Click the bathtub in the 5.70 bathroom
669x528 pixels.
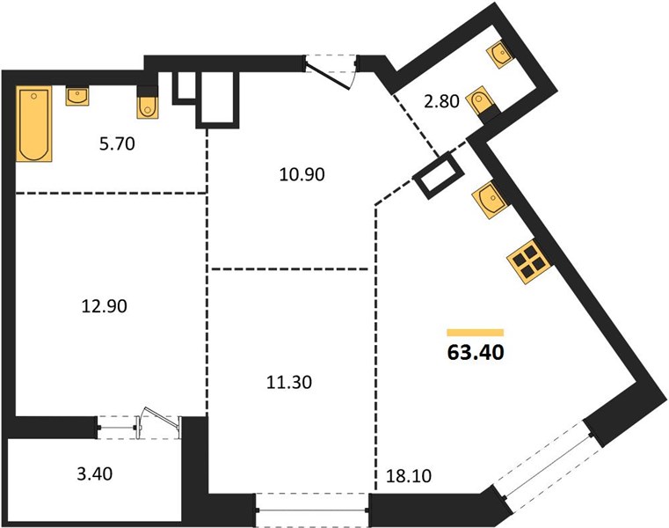coord(34,123)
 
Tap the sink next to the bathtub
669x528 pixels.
coord(77,96)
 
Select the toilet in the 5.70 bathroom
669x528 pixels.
coord(147,102)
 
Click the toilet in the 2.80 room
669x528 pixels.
coord(483,104)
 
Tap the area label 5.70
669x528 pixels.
coord(117,144)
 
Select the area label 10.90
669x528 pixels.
coord(302,174)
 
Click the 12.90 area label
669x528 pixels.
coord(104,306)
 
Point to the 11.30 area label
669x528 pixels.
coord(289,382)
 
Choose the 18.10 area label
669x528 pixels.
coord(408,475)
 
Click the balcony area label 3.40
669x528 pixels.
coord(95,473)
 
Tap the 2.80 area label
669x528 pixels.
coord(441,102)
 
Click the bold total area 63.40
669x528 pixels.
coord(476,352)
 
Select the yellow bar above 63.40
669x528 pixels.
coord(476,333)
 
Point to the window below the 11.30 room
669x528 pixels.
coord(313,510)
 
